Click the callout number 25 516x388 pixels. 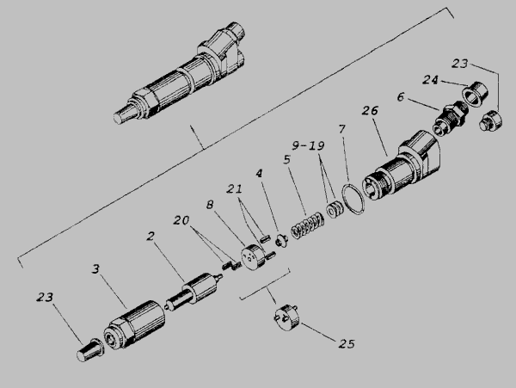point(347,344)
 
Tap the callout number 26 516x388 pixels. point(370,111)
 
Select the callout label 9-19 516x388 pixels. point(309,145)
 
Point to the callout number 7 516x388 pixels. point(342,129)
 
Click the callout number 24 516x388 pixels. point(431,80)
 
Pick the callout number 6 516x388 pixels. point(401,96)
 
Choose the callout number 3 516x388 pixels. point(95,268)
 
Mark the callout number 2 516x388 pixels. point(150,236)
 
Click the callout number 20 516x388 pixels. point(181,220)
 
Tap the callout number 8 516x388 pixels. point(210,205)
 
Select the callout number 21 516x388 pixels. point(234,189)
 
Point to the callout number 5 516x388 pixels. point(287,160)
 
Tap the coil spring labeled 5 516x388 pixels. point(307,225)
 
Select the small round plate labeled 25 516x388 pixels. point(287,317)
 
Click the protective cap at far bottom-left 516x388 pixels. point(90,351)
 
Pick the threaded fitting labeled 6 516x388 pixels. point(450,118)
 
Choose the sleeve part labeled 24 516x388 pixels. point(475,94)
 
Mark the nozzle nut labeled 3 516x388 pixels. point(134,324)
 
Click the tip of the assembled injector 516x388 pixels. point(116,118)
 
